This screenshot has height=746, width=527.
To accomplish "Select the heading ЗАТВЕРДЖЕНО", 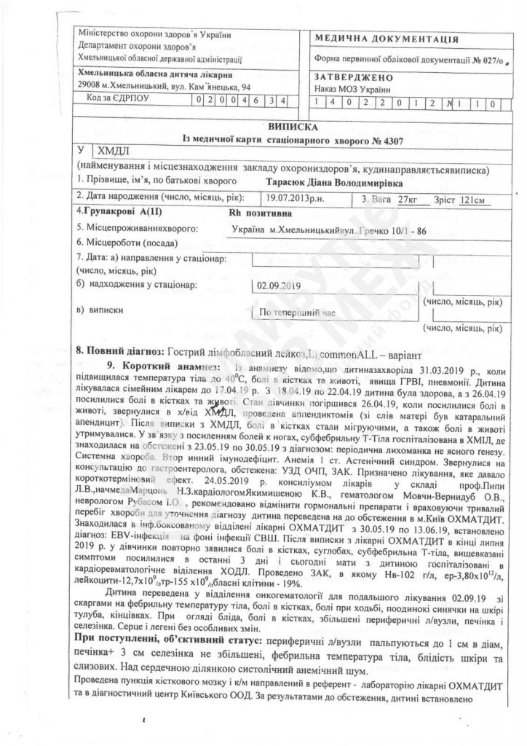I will (354, 77).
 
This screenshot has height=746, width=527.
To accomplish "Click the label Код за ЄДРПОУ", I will (116, 101).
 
